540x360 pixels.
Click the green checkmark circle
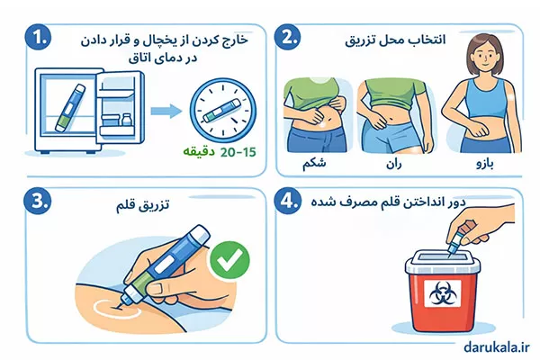tap(228, 261)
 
